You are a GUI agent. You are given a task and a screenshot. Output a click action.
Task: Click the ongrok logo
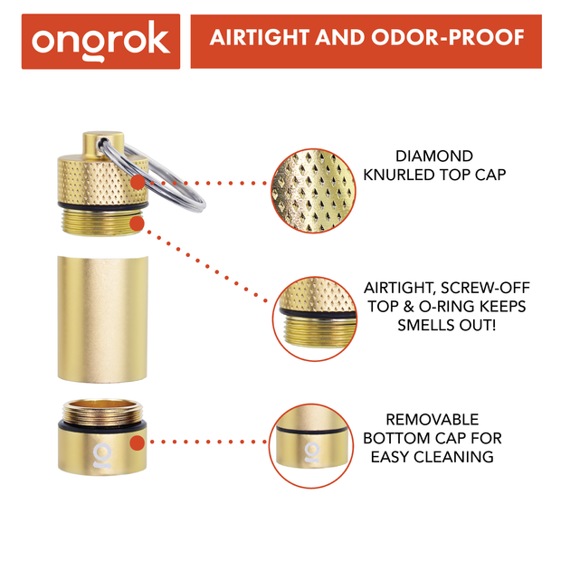click(x=100, y=42)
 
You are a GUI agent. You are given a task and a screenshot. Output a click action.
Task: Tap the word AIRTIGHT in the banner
click(x=254, y=39)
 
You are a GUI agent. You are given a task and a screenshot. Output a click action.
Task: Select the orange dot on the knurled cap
click(x=135, y=183)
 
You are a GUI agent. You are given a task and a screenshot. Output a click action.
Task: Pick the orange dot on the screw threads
click(x=136, y=221)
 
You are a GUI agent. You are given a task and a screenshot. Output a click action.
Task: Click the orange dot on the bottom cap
click(x=136, y=443)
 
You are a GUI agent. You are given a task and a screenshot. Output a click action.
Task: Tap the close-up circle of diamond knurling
click(x=310, y=184)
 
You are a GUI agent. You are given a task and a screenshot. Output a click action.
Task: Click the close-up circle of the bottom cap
click(x=310, y=442)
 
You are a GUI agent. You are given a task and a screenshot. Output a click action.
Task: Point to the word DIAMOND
click(x=434, y=157)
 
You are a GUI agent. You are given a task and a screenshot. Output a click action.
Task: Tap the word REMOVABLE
click(x=433, y=420)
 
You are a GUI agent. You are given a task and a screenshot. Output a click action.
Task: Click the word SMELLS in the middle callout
click(x=425, y=324)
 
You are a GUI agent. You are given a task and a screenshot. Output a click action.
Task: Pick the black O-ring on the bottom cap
click(x=101, y=421)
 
